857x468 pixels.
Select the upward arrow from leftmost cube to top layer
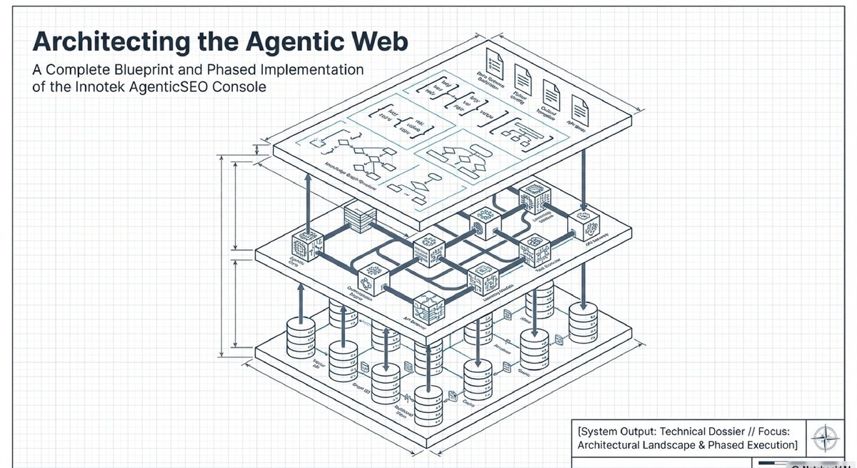308,204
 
